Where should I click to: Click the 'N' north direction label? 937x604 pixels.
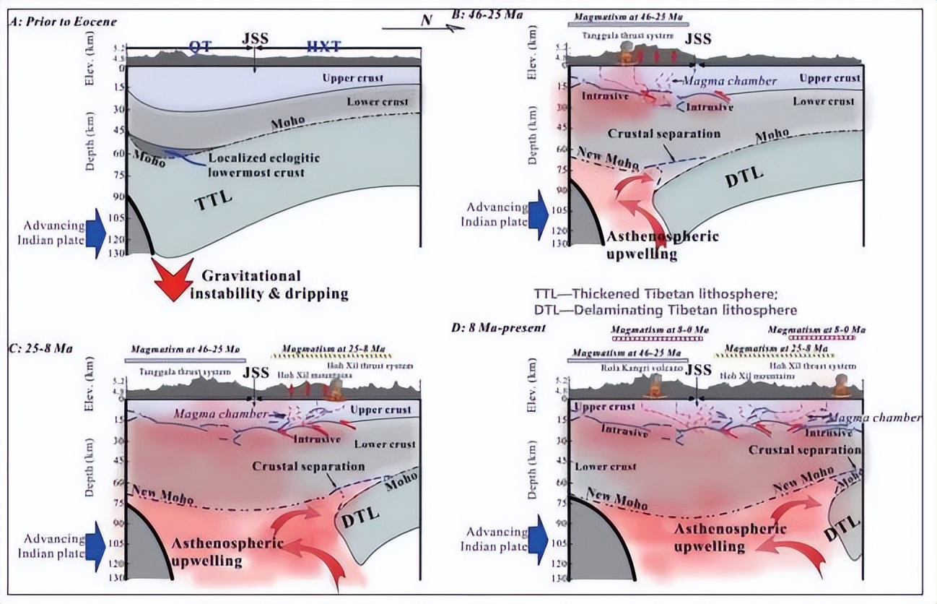426,20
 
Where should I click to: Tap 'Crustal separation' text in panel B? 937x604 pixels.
664,134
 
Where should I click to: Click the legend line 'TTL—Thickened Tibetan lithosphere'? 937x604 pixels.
664,294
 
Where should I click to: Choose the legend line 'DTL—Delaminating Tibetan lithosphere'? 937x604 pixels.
665,309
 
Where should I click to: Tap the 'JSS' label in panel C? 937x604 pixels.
256,374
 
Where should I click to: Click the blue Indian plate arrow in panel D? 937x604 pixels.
537,531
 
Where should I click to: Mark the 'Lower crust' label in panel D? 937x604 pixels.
606,467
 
